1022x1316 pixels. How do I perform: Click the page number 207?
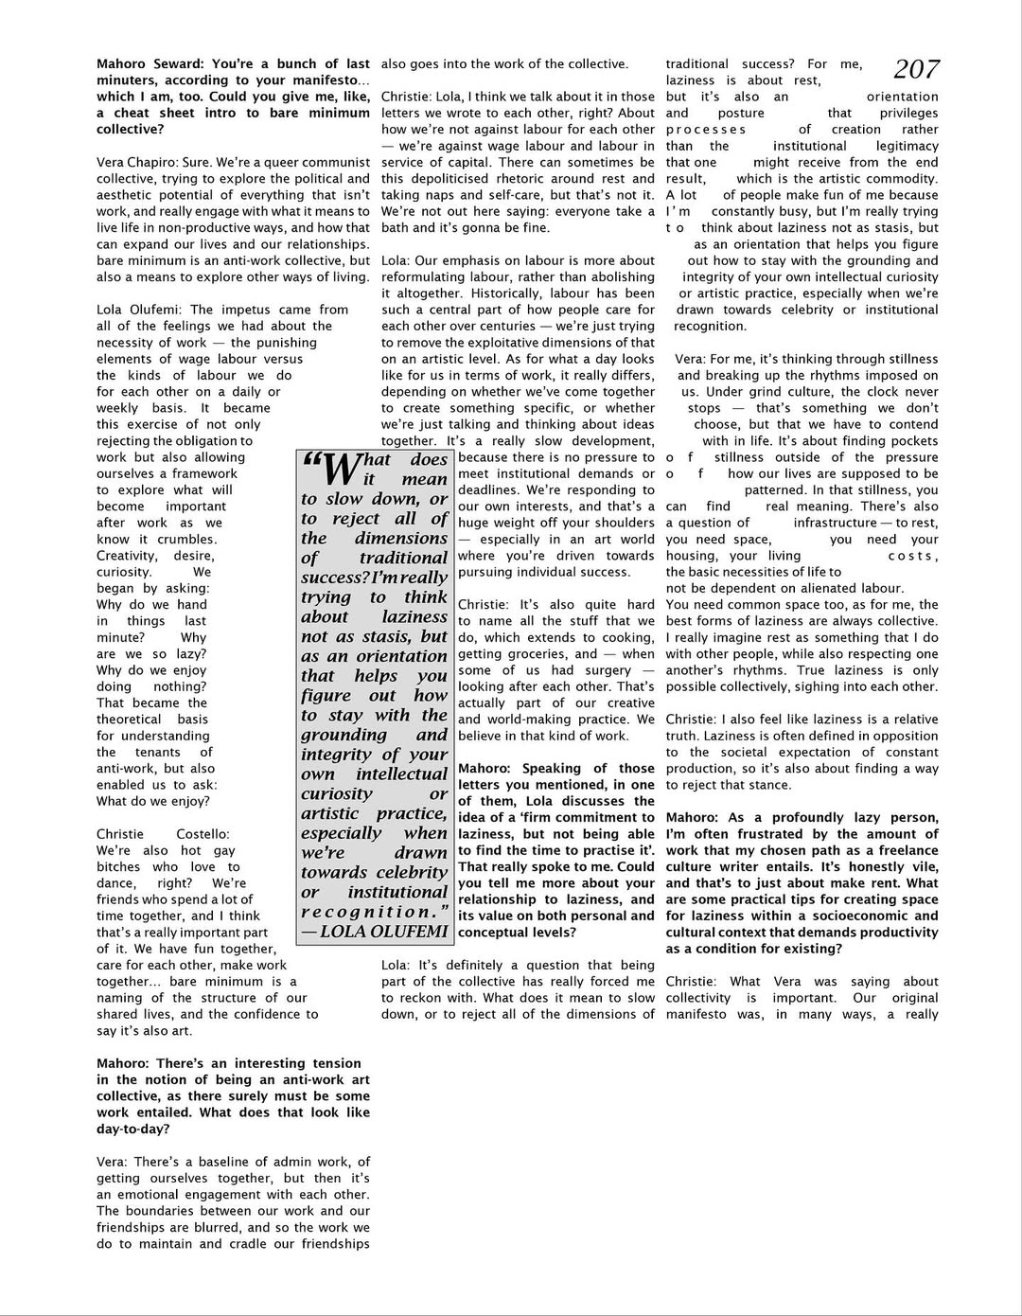click(x=916, y=69)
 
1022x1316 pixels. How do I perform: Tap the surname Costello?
click(x=202, y=834)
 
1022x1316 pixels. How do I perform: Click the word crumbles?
click(x=185, y=540)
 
